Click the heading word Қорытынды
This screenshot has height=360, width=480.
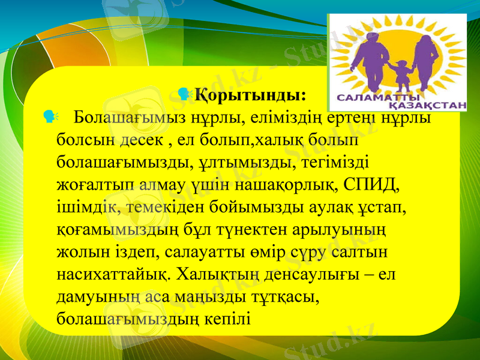pos(250,96)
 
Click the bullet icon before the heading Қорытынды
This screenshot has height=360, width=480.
pos(184,94)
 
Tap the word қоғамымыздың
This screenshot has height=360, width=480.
pos(105,227)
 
